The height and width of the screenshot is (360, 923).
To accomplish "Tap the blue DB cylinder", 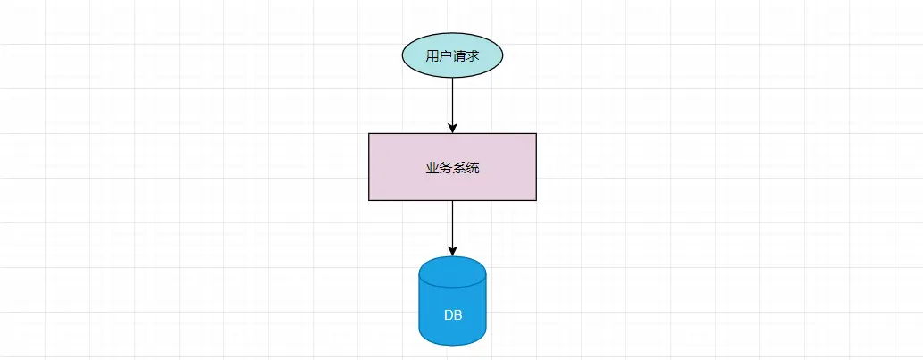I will click(452, 308).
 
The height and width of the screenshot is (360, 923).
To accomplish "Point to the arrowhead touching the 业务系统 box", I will click(453, 128).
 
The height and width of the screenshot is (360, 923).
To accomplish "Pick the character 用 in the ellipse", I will click(432, 56).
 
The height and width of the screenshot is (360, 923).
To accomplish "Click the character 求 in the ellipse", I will click(473, 56).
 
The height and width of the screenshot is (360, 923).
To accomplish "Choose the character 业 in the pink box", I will click(432, 167).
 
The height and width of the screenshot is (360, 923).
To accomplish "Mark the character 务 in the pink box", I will click(446, 167).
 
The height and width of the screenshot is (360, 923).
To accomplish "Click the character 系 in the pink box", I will click(459, 167).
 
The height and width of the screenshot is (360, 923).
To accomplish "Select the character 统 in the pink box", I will click(473, 167).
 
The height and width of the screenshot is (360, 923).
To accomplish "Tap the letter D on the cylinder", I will click(449, 315).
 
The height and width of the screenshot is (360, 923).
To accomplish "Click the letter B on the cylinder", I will click(457, 315).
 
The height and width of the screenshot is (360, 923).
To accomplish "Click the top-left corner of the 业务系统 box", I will click(369, 134).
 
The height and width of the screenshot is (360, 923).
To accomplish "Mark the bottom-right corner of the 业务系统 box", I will click(536, 200).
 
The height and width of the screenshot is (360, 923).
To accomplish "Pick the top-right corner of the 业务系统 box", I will click(536, 134).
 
